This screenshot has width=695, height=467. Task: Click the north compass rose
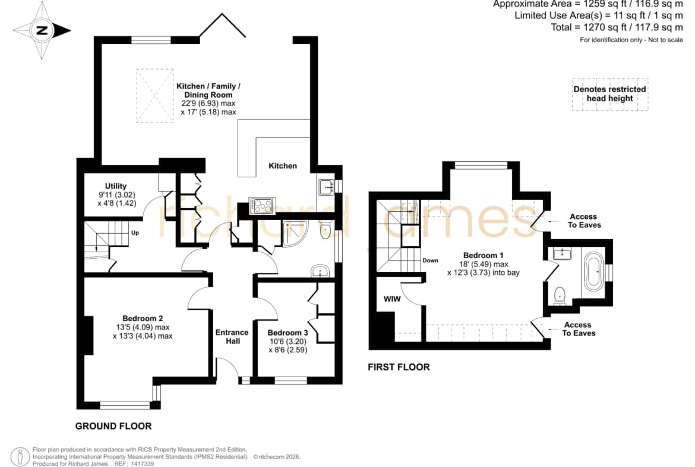coord(42,30)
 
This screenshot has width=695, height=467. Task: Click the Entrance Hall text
coord(232,337)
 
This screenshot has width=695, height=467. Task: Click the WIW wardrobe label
coord(392,299)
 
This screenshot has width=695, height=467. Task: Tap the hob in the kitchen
coord(262,205)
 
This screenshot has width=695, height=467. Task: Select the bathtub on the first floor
coord(595,270)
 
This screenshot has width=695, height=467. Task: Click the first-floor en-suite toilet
coord(560,296)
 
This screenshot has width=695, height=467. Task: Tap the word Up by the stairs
coord(135,233)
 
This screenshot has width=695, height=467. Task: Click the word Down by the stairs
coord(431,261)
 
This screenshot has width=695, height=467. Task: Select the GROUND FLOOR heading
coord(113,426)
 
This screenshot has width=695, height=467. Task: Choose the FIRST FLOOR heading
coord(399,367)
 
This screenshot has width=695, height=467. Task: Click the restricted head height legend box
coord(610,94)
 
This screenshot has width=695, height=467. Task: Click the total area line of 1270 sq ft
coord(617,27)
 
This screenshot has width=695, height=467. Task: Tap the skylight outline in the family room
coord(154,95)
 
